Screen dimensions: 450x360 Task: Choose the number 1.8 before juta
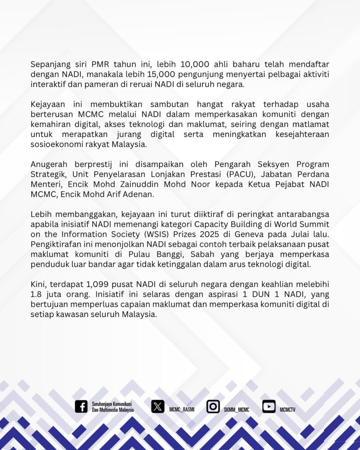click(37, 295)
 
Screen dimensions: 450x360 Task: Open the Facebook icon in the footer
click(81, 406)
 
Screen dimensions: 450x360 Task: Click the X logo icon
click(158, 406)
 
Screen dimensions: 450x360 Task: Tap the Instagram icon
click(213, 406)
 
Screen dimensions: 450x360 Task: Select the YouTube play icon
click(269, 406)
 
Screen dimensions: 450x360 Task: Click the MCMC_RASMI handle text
click(182, 410)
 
